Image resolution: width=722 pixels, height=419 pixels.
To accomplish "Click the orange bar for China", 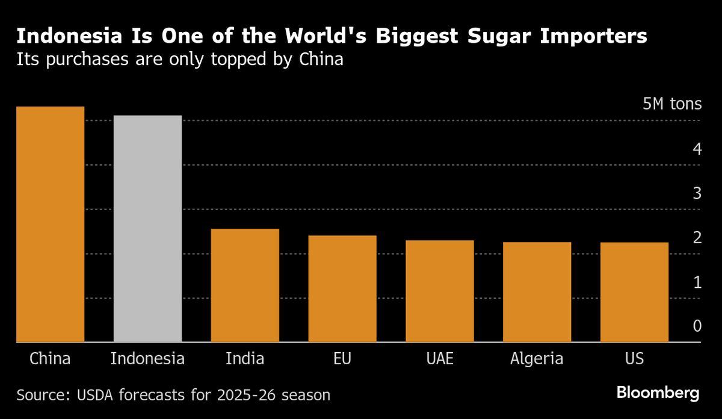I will click(x=51, y=224).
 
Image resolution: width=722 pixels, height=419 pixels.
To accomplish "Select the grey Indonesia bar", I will click(x=147, y=229).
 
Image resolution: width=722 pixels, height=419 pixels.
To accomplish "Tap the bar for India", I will click(x=245, y=285).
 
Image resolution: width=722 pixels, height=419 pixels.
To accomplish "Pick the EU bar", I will click(x=342, y=289).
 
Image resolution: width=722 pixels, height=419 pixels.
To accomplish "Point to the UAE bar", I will click(x=440, y=291).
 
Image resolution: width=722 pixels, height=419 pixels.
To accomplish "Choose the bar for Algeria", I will click(x=537, y=292).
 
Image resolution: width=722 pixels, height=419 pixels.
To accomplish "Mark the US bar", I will click(x=634, y=292).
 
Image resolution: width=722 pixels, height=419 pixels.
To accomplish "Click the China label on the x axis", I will click(x=51, y=359).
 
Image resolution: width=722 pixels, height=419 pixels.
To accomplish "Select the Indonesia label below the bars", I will click(x=147, y=359).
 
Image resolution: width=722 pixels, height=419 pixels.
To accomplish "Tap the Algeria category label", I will click(x=537, y=359).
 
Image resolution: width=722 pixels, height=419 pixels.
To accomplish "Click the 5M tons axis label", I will click(x=672, y=104).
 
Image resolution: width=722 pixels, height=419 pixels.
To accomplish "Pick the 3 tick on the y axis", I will click(x=697, y=193).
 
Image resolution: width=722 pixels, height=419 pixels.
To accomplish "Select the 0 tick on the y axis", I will click(x=697, y=326).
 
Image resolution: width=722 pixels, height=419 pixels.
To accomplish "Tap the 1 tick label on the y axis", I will click(x=697, y=282).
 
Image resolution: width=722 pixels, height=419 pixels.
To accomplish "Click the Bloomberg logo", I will click(x=658, y=394).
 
